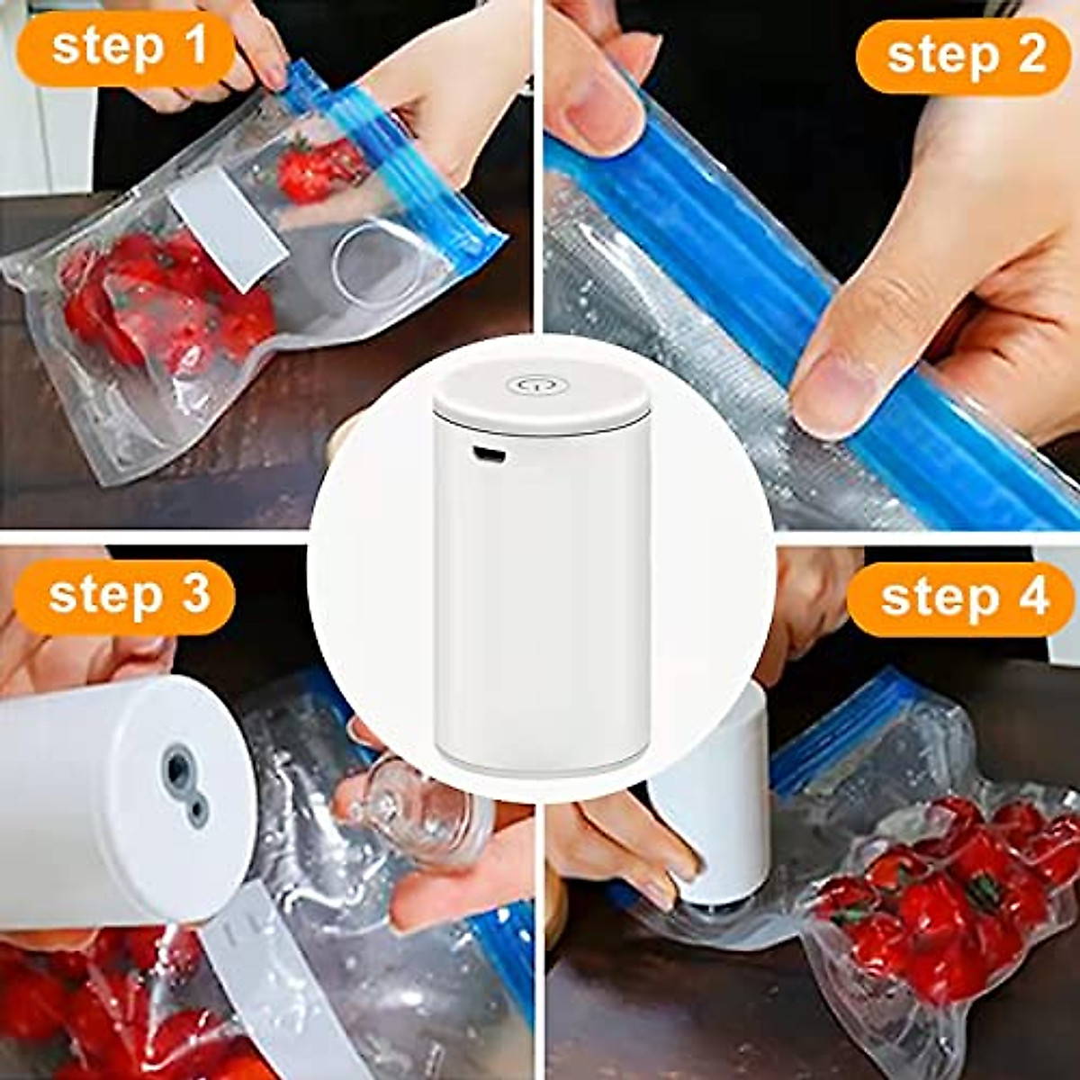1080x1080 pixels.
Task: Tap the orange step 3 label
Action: pos(126,597)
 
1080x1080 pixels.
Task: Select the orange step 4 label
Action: pos(961,598)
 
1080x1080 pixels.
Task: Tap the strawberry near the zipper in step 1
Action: pos(310,171)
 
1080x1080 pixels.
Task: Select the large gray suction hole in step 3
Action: pos(177,769)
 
